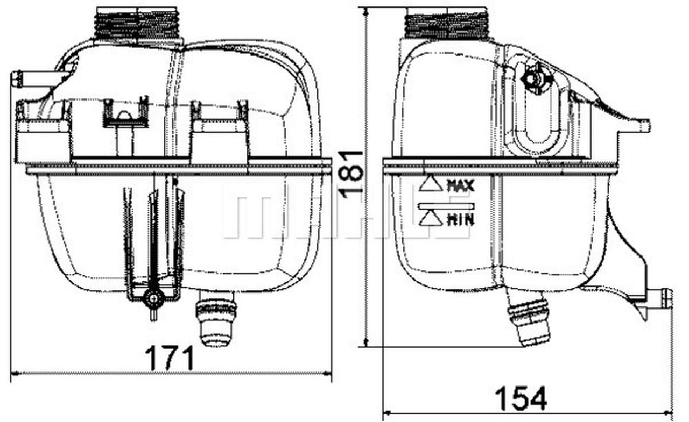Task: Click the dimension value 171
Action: (x=170, y=359)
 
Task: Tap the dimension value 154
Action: (x=520, y=398)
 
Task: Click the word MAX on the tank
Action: (x=460, y=187)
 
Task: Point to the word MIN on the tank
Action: (x=460, y=219)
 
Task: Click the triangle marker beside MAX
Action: (x=431, y=184)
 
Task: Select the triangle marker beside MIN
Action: (x=431, y=218)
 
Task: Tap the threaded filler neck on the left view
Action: (x=138, y=24)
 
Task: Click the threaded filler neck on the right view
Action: (x=446, y=24)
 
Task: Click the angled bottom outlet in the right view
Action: (x=530, y=323)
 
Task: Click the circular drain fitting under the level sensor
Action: (x=154, y=299)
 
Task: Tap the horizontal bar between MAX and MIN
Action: (x=445, y=205)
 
